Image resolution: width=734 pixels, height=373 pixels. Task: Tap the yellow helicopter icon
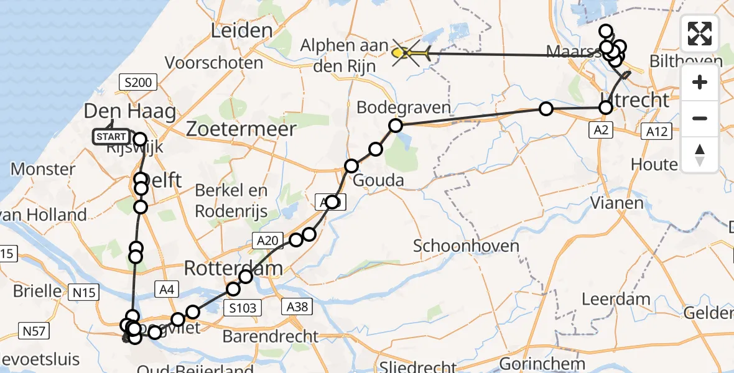[411, 54]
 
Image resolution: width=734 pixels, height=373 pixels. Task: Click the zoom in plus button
[700, 82]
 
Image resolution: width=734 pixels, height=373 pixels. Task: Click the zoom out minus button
[700, 118]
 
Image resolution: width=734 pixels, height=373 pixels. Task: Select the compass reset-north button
[700, 154]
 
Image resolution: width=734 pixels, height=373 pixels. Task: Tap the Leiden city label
[242, 30]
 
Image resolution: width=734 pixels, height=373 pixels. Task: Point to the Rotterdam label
[233, 269]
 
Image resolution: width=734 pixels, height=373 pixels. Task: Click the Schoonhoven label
[467, 246]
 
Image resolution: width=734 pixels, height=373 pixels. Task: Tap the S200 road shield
[137, 82]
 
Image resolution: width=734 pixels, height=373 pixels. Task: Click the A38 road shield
[297, 306]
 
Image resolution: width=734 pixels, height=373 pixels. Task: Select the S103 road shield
[243, 307]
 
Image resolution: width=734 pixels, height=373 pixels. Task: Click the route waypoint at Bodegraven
[396, 126]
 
